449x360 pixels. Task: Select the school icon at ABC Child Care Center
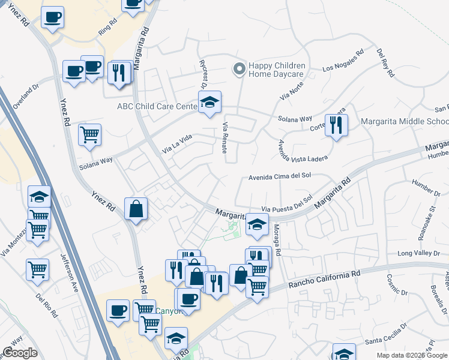(209, 103)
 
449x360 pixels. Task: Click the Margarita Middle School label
(405, 121)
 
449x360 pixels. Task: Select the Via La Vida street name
(177, 144)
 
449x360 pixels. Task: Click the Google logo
(20, 353)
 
